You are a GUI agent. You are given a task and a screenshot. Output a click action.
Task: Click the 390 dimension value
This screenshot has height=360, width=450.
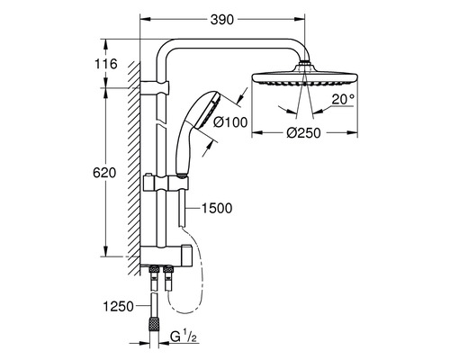[222, 20]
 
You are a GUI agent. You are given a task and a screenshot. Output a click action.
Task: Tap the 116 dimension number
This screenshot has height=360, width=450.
[106, 64]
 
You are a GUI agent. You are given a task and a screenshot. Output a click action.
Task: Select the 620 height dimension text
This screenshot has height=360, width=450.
[104, 173]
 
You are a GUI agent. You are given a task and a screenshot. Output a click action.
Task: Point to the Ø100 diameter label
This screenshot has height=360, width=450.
[230, 122]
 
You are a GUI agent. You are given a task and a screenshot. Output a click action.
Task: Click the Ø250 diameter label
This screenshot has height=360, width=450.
[303, 132]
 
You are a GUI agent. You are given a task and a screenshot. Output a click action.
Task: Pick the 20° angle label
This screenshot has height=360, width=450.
[343, 99]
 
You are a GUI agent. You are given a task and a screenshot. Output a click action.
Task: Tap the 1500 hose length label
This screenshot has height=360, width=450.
[217, 208]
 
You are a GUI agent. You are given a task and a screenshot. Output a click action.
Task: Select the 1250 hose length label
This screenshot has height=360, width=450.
[118, 306]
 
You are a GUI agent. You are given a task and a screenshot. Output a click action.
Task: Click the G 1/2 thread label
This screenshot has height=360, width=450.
[184, 337]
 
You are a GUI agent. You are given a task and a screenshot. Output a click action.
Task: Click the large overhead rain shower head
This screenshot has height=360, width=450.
[305, 78]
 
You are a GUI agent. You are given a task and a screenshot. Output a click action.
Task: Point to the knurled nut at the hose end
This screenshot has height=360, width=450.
[154, 325]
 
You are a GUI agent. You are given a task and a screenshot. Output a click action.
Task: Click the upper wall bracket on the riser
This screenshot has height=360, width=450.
[155, 88]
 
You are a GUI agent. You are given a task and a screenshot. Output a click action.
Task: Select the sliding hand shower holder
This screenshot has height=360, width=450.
[166, 184]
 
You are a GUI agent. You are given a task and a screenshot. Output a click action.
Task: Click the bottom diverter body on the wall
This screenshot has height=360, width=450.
[166, 256]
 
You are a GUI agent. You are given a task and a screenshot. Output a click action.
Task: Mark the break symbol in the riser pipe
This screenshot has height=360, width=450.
[160, 124]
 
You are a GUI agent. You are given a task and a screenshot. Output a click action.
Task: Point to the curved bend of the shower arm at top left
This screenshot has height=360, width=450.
[164, 49]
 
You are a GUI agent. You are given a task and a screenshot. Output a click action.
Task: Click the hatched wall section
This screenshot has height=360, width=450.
[134, 168]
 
